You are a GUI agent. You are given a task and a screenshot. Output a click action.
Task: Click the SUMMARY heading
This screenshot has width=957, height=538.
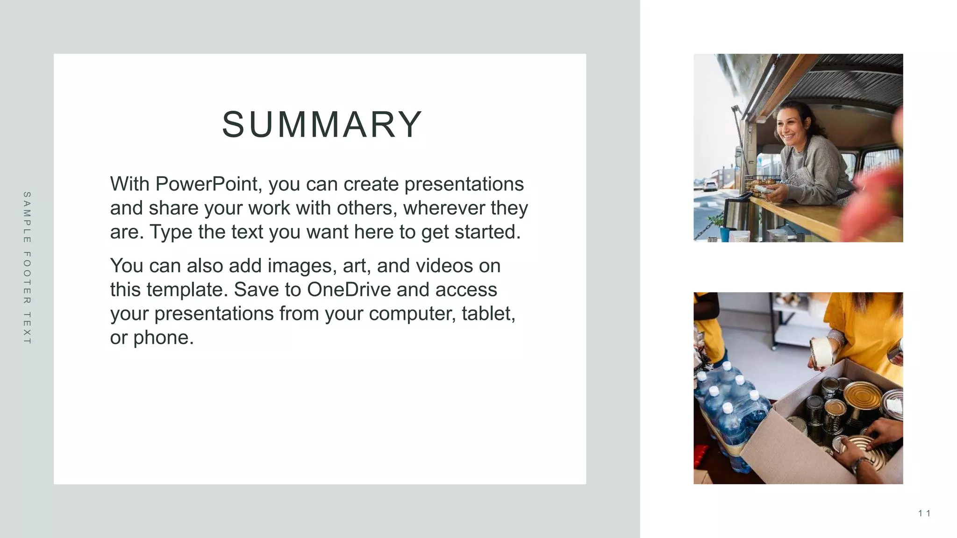click(x=322, y=125)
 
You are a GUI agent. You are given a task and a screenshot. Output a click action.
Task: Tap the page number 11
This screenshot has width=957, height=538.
click(x=924, y=514)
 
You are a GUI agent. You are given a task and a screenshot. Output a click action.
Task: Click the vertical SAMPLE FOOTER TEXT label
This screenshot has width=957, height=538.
click(x=27, y=268)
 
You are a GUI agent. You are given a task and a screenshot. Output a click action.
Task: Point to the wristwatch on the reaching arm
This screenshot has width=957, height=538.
click(x=859, y=465)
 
